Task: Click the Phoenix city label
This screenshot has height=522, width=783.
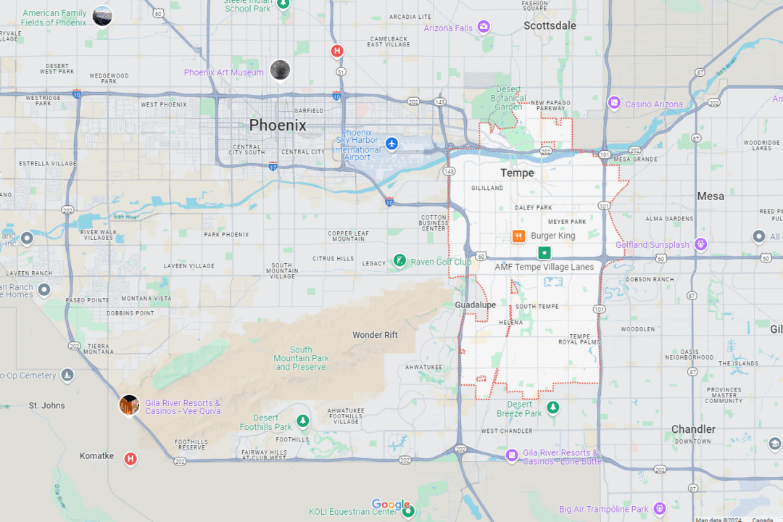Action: tap(278, 125)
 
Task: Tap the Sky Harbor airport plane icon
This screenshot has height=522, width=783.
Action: tap(392, 144)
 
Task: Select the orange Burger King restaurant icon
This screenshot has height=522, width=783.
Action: tap(518, 236)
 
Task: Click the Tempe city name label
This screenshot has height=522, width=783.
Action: tap(517, 173)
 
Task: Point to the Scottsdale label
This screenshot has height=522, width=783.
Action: tap(550, 25)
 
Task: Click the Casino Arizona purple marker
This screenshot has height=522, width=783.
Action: tap(614, 104)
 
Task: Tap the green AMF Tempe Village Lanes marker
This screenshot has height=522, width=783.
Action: tap(544, 253)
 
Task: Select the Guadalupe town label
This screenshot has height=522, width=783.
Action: tap(476, 305)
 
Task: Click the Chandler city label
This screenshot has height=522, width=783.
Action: tap(693, 429)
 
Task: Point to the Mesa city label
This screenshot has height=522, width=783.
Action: tap(710, 196)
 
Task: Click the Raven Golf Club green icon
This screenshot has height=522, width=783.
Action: tap(399, 260)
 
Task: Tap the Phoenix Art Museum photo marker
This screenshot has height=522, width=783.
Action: tap(280, 70)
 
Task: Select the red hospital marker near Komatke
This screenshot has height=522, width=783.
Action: tap(130, 458)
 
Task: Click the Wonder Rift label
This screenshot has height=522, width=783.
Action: tap(375, 335)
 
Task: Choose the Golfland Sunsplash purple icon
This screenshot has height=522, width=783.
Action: tap(700, 244)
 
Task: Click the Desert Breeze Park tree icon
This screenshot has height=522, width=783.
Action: tap(553, 407)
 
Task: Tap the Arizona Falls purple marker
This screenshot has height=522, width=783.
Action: tap(484, 28)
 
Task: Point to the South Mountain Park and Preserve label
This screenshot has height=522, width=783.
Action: tap(301, 358)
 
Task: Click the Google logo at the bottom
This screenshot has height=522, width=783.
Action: tap(391, 505)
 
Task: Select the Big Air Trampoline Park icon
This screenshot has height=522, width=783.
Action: tap(659, 509)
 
